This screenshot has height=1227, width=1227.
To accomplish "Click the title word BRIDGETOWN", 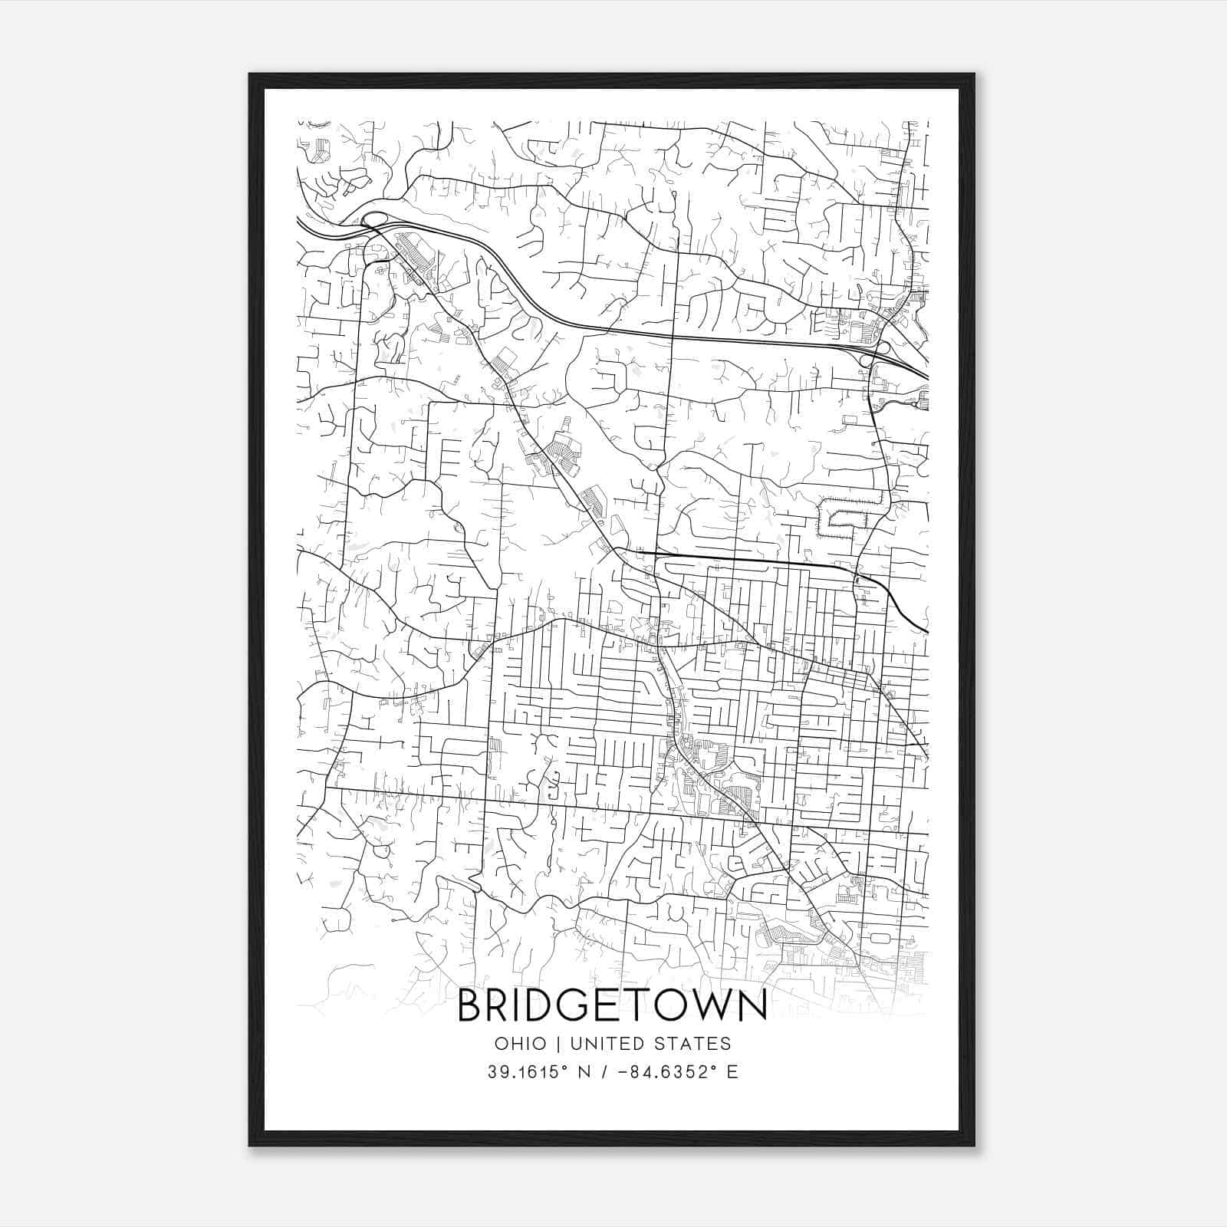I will click(612, 1006).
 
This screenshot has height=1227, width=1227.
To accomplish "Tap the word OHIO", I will click(520, 1044).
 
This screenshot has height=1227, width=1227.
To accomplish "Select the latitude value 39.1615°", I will click(525, 1072).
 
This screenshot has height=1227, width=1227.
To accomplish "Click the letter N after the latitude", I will click(584, 1072).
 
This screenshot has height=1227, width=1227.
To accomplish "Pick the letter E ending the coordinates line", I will click(732, 1072).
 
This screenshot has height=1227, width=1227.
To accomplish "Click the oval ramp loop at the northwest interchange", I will click(373, 220).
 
